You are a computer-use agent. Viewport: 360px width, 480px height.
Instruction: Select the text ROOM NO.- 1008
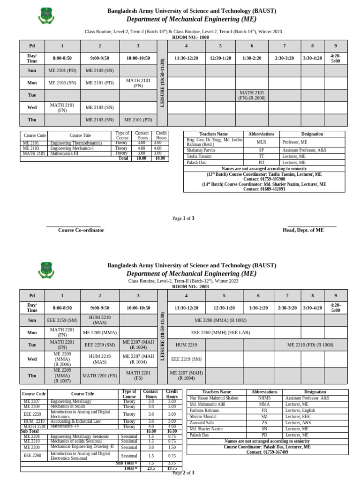pos(191,37)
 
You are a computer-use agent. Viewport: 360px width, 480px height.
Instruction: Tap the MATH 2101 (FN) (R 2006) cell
pos(252,96)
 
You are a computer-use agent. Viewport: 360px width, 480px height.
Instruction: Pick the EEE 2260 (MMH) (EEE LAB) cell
pos(220,332)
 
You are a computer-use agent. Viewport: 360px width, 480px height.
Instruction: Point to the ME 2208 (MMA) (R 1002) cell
pos(220,320)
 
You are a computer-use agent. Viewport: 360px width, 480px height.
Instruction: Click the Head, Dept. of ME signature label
pos(303,230)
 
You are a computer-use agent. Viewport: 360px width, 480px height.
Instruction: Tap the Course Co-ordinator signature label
pos(81,230)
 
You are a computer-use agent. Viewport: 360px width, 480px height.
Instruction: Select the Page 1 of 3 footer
pos(183,218)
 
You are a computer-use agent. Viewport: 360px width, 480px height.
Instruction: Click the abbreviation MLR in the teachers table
pos(261,142)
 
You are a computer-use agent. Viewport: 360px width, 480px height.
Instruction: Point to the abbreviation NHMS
pos(264,398)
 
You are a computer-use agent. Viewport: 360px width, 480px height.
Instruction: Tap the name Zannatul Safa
pos(203,422)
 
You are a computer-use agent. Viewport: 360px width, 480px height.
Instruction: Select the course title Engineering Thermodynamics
pos(76,143)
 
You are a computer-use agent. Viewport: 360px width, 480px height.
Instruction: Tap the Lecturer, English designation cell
pos(300,410)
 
